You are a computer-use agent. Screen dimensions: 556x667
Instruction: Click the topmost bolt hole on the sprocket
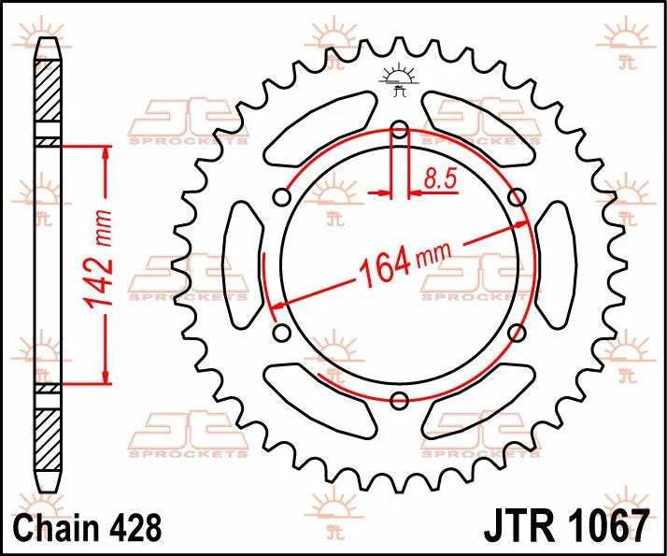400,130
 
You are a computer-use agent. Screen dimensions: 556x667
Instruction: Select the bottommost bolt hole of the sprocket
400,401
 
